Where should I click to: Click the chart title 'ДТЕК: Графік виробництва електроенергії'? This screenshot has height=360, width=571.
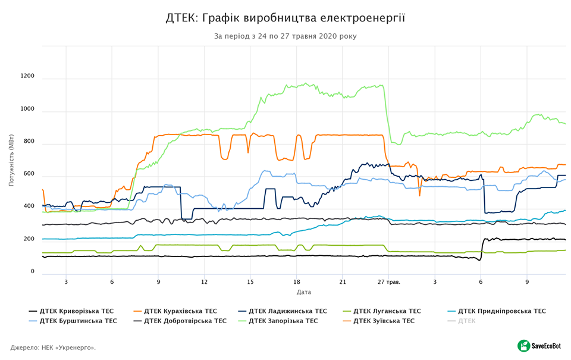pos(285,18)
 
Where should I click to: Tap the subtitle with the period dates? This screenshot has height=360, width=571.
pos(285,36)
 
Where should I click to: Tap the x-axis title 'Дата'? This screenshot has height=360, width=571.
pos(303,292)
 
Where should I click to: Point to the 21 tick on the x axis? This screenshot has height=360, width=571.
pos(342,281)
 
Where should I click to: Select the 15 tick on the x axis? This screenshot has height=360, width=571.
pos(250,281)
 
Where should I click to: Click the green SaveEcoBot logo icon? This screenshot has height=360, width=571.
pos(524,346)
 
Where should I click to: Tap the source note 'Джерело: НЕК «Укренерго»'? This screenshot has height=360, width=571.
pos(53,348)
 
